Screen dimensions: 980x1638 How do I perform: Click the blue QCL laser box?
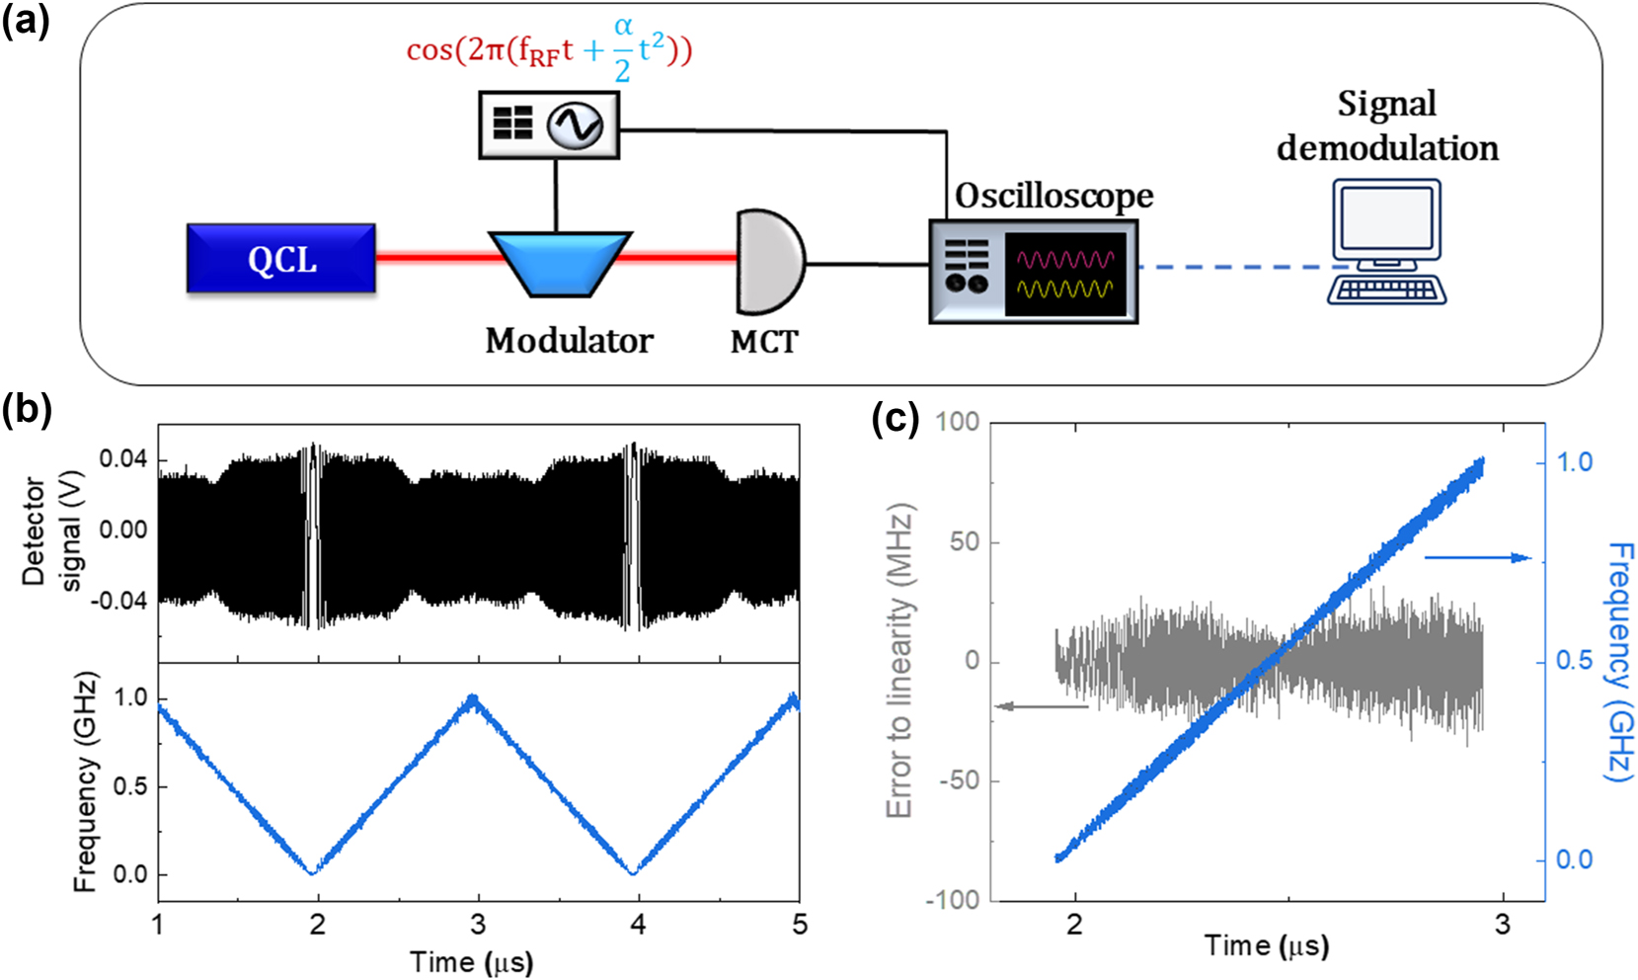pyautogui.click(x=281, y=259)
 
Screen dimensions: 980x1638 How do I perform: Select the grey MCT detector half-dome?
pyautogui.click(x=768, y=262)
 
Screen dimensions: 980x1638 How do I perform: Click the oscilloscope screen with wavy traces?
pyautogui.click(x=1065, y=274)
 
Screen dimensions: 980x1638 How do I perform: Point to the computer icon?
pyautogui.click(x=1386, y=242)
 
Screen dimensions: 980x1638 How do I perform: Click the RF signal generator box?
pyautogui.click(x=549, y=124)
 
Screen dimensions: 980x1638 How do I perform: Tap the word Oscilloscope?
pyautogui.click(x=1053, y=196)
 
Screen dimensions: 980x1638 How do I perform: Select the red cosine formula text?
pyautogui.click(x=549, y=48)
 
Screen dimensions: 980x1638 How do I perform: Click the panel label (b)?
pyautogui.click(x=27, y=408)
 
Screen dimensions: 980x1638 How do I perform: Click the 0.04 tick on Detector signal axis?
pyautogui.click(x=123, y=459)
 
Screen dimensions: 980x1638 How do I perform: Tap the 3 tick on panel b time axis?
pyautogui.click(x=478, y=925)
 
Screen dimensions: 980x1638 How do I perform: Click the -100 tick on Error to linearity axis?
pyautogui.click(x=953, y=900)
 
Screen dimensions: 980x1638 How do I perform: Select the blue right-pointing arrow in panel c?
pyautogui.click(x=1477, y=558)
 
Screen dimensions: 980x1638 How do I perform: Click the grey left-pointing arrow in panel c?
pyautogui.click(x=1042, y=705)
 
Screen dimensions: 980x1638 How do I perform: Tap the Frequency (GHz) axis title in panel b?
pyautogui.click(x=86, y=781)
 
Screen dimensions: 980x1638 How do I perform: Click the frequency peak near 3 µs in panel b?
pyautogui.click(x=475, y=699)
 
